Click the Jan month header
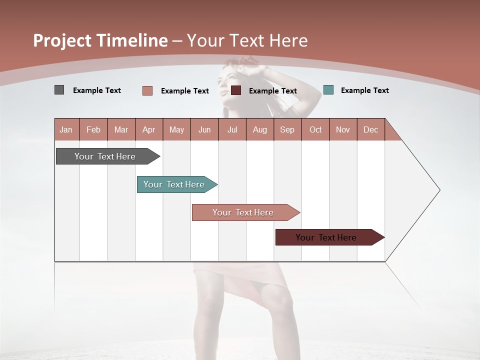[x=66, y=129]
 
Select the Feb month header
[x=93, y=129]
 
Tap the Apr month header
[x=148, y=129]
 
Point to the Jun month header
[x=204, y=129]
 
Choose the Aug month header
[x=260, y=129]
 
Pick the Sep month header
[x=287, y=129]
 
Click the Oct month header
[x=315, y=129]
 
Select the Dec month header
[x=370, y=129]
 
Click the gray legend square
[x=59, y=90]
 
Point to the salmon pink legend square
[x=147, y=90]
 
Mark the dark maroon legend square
[x=236, y=90]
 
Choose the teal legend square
[x=328, y=90]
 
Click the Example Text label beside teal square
[x=364, y=90]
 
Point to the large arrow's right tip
[x=439, y=190]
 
